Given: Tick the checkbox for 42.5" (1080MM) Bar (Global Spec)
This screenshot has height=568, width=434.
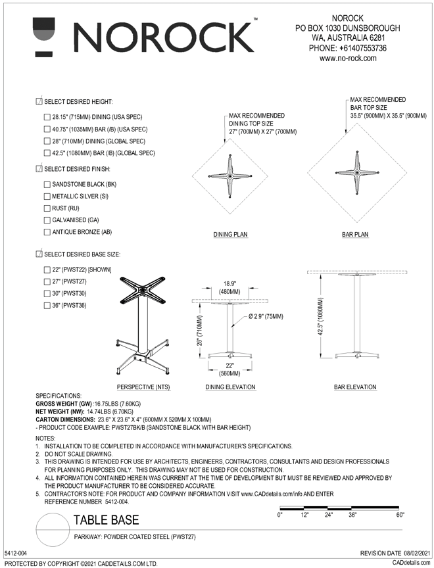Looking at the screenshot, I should click(46, 153).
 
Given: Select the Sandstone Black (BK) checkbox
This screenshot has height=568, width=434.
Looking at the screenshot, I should click(46, 185).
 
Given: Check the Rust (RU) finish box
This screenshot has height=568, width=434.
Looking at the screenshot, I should click(46, 208).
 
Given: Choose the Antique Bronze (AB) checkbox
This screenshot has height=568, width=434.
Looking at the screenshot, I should click(46, 232).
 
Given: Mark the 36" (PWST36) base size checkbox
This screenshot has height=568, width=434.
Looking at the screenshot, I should click(46, 306).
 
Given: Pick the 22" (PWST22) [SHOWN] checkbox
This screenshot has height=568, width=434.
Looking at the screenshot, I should click(46, 270).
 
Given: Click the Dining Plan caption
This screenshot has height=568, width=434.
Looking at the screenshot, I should click(230, 234).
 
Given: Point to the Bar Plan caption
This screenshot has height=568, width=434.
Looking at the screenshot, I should click(355, 234).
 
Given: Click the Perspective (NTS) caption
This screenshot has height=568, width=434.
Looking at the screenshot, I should click(143, 387).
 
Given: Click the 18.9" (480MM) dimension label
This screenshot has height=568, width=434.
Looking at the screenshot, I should click(229, 288).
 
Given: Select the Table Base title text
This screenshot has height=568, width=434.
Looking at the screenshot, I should click(106, 520).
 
